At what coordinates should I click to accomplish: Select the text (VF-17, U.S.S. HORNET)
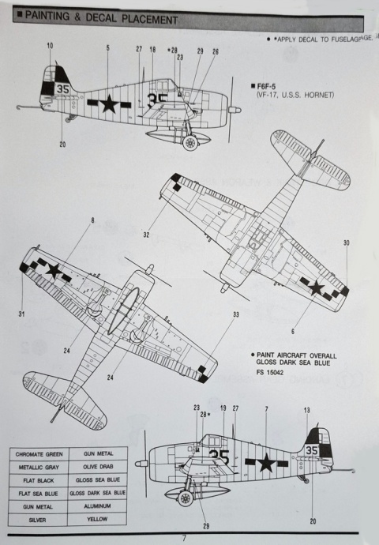click(x=295, y=96)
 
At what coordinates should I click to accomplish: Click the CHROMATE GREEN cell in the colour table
click(x=38, y=453)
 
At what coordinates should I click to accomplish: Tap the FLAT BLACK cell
click(x=38, y=479)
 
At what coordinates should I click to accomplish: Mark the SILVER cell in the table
click(x=38, y=519)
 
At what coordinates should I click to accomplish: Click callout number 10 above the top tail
click(x=51, y=47)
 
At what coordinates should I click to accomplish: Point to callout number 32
click(x=146, y=235)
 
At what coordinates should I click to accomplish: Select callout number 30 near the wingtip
click(x=346, y=242)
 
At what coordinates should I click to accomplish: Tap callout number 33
click(x=235, y=315)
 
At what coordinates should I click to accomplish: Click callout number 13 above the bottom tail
click(x=307, y=410)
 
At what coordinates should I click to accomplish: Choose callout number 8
click(x=92, y=220)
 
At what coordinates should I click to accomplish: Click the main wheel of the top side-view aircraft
click(x=189, y=143)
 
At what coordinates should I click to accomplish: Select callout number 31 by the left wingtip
click(x=21, y=314)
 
